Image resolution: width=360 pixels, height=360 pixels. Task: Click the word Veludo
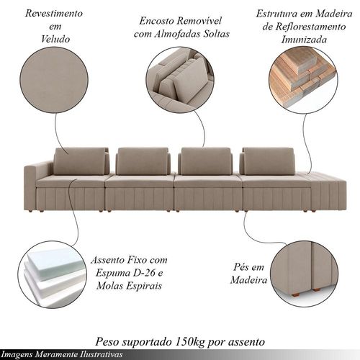[55, 39]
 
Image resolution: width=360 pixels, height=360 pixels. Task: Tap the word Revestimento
[54, 13]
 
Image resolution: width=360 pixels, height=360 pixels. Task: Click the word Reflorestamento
[310, 27]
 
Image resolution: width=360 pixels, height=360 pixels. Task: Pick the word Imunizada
[304, 40]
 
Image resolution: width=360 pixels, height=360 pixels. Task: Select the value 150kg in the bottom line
[189, 341]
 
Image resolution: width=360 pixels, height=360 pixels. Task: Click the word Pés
[241, 267]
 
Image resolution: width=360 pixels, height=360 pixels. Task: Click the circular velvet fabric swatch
[54, 80]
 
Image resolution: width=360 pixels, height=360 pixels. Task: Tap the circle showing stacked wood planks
[303, 80]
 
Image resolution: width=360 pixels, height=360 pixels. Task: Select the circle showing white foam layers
[52, 275]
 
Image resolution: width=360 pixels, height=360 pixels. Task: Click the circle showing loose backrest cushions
[180, 80]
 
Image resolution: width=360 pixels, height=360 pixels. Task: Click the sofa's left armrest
[30, 187]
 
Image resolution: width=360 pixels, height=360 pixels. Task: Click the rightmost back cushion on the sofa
[268, 161]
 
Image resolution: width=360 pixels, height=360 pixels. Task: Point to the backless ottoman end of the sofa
[328, 191]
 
